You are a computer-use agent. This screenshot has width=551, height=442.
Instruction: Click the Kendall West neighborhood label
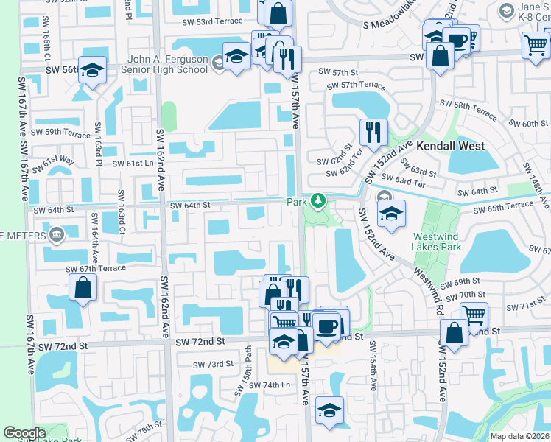coord(451,146)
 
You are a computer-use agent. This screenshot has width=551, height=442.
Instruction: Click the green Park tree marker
coord(318,200)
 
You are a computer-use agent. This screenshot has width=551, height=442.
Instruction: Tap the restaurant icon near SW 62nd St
coord(373,132)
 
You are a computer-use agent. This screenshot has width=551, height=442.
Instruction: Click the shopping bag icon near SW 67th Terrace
coord(83,287)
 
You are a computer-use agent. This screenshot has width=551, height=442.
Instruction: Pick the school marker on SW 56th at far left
coord(92,70)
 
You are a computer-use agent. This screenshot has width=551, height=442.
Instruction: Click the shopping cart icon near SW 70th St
coord(474,315)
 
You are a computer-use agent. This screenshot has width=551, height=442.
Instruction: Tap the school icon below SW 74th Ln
coord(329,410)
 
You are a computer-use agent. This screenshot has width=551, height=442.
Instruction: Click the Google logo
coord(24,433)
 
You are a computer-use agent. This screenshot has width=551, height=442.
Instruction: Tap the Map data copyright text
coord(520,436)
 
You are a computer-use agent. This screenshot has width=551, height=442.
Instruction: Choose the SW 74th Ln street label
coord(270,385)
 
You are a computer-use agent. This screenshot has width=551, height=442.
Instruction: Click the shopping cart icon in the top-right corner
coord(535,45)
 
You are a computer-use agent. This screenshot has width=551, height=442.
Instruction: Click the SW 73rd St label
coord(213,365)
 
